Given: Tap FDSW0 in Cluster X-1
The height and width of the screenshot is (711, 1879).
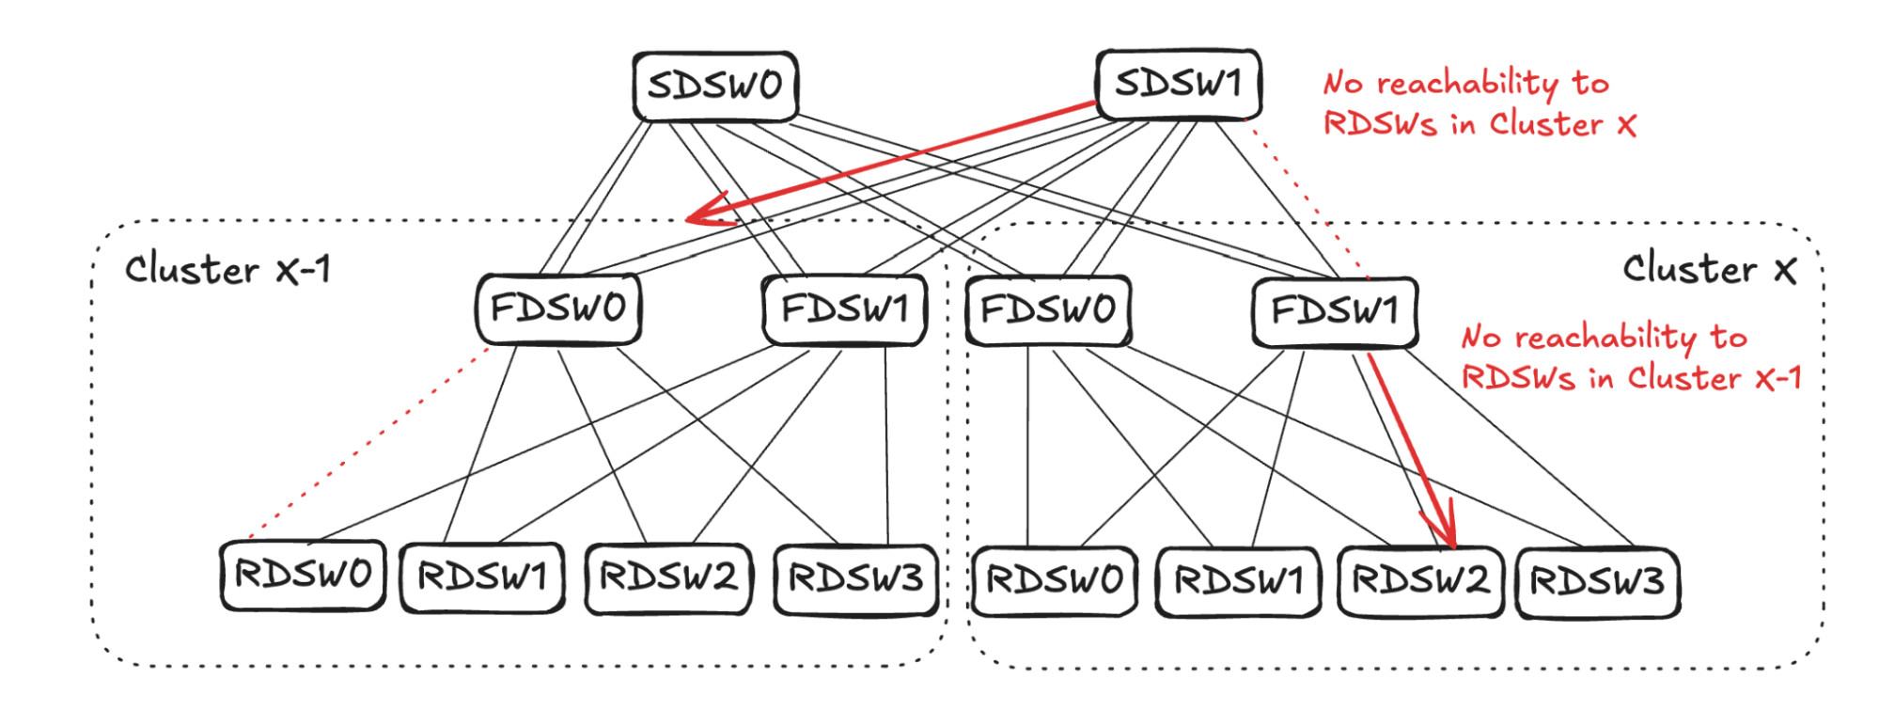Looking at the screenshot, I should (558, 308).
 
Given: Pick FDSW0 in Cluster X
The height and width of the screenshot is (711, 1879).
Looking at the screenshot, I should (1048, 309).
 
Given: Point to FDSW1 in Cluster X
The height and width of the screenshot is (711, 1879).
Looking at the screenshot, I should (1335, 311).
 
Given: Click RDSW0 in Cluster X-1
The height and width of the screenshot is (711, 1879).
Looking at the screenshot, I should (303, 575).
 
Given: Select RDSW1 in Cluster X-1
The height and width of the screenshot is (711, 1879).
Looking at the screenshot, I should (482, 577).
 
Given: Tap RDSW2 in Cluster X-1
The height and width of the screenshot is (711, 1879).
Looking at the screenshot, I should (668, 577).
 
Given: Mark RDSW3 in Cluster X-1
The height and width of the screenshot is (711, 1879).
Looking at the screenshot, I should (855, 578).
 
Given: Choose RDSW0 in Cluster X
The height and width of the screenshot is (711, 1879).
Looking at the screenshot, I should (1054, 581).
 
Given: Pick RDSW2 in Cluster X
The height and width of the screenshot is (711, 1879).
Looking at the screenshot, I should (1420, 581).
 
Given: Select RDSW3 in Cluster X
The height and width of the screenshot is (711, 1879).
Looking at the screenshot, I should (1598, 582).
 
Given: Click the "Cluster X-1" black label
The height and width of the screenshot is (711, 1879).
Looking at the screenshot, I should (227, 270).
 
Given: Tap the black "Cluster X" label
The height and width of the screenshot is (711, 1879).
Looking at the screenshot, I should (1709, 269).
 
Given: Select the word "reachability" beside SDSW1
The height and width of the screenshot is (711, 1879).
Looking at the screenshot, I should (1467, 84).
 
